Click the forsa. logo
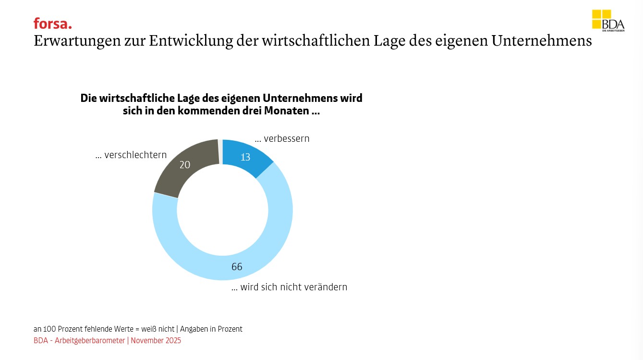point(52,24)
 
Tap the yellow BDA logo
point(607,21)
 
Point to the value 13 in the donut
point(245,157)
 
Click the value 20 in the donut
point(185,165)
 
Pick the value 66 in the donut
point(237,267)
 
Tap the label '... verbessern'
point(282,139)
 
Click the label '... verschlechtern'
point(131,155)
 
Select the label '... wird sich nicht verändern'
point(289,287)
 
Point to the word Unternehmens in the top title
point(542,41)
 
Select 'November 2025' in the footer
point(156,341)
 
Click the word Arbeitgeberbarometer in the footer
point(90,341)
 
